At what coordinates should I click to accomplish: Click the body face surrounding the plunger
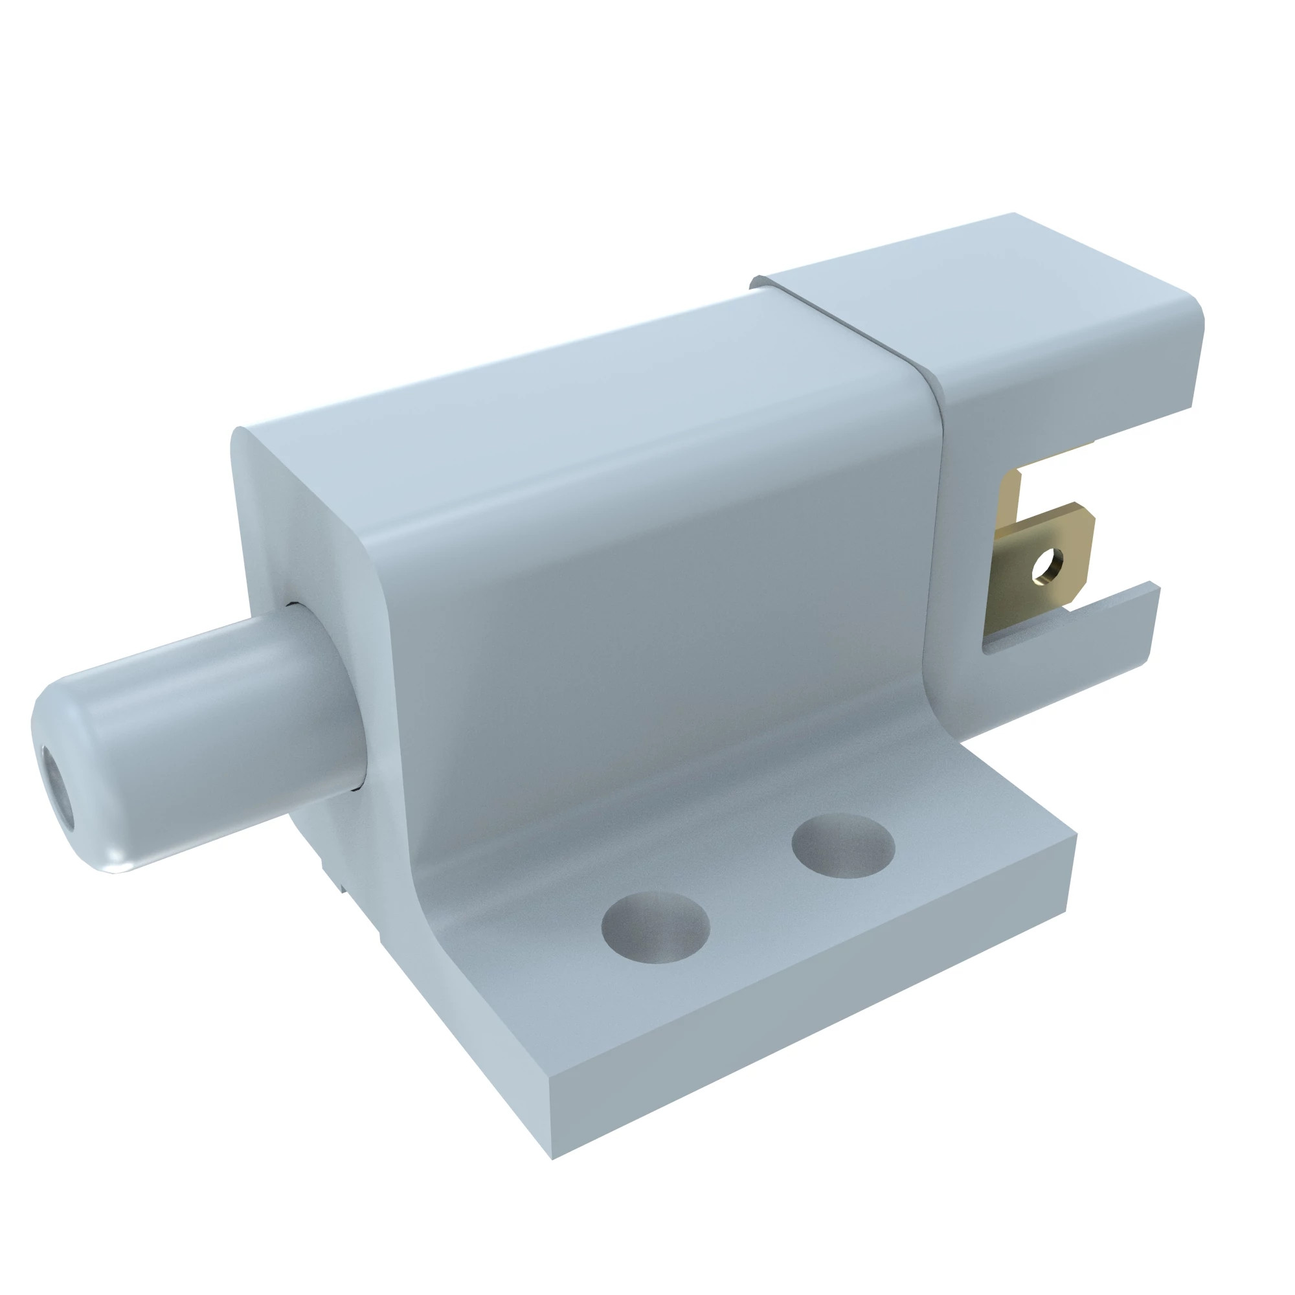point(308,536)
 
